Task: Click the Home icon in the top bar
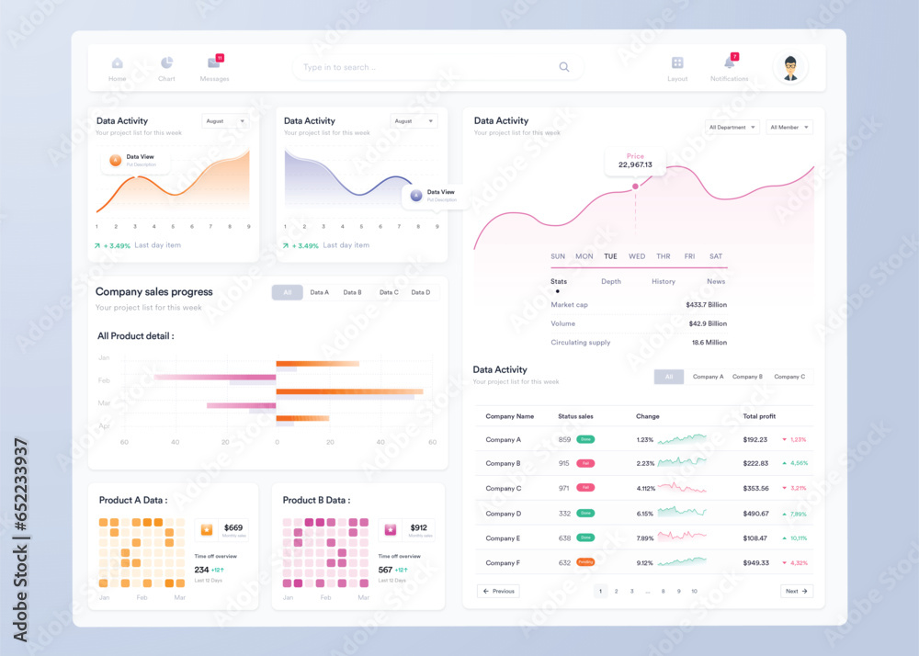click(117, 63)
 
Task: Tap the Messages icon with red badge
click(214, 63)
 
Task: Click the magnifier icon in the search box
click(564, 67)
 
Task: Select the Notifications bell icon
click(729, 63)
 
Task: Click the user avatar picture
click(790, 68)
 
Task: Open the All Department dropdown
click(732, 127)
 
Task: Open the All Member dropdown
click(789, 127)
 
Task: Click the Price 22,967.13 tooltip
click(635, 161)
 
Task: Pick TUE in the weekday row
click(610, 256)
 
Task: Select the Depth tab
click(611, 281)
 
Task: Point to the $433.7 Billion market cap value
click(706, 304)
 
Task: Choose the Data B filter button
click(352, 292)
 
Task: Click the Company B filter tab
click(747, 377)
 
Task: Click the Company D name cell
click(504, 514)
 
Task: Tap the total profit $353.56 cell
click(755, 489)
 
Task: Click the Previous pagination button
click(498, 591)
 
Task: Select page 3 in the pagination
click(632, 591)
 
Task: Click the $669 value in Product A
click(233, 527)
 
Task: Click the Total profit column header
click(759, 416)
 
